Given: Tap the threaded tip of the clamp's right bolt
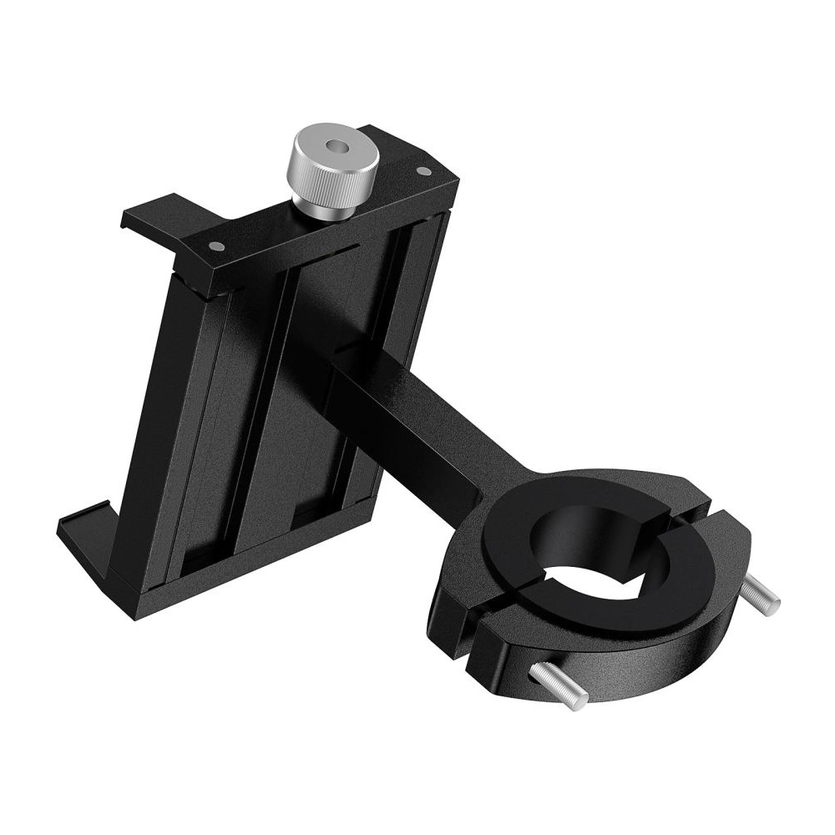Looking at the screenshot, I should (x=772, y=598).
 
